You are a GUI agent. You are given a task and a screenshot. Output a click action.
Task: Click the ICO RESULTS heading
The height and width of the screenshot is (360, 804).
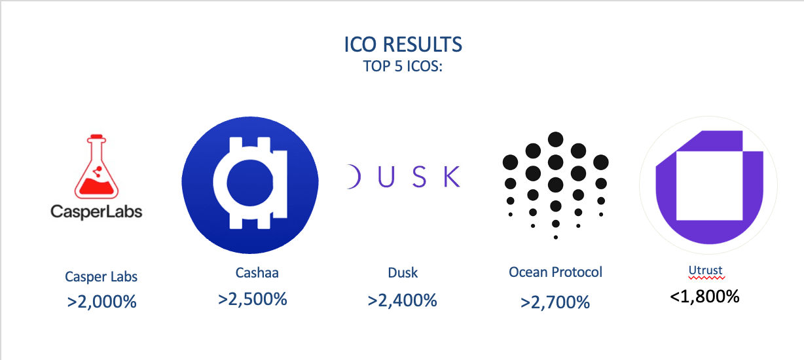click(x=403, y=45)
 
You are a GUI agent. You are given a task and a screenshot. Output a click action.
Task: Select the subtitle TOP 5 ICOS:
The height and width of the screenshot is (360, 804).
click(x=403, y=66)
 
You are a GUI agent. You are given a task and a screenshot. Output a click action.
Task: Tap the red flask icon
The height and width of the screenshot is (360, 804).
click(x=96, y=166)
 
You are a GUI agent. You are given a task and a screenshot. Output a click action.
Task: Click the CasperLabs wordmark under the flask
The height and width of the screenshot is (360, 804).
click(x=96, y=211)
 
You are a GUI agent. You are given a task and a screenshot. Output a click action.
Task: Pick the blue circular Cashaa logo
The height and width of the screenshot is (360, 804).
click(x=250, y=185)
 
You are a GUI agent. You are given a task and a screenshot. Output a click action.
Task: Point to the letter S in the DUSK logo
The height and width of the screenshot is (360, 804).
click(x=419, y=177)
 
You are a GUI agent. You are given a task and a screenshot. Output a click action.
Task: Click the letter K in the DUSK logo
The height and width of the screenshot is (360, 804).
click(x=452, y=177)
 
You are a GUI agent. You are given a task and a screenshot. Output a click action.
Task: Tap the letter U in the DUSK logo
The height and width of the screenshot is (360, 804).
click(x=386, y=177)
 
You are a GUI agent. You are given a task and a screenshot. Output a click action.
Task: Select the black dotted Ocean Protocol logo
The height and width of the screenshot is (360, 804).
click(x=556, y=185)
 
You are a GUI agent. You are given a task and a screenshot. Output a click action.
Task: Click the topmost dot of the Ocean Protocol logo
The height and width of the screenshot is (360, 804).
click(x=556, y=139)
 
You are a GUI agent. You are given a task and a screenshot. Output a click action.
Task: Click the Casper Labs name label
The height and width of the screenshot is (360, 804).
click(x=101, y=277)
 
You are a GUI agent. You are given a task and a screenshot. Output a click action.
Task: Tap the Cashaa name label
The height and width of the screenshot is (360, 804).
click(x=257, y=273)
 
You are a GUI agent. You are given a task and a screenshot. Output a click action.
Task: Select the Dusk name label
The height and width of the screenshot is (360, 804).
click(x=403, y=273)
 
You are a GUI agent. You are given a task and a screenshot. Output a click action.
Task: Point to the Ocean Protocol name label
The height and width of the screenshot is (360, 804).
click(x=555, y=272)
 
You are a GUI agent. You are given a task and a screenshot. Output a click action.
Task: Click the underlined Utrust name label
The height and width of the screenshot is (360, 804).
click(x=705, y=270)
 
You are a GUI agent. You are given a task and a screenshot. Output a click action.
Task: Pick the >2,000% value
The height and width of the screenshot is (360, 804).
click(x=101, y=302)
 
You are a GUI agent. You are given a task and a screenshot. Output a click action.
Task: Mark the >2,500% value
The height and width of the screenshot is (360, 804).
click(x=252, y=299)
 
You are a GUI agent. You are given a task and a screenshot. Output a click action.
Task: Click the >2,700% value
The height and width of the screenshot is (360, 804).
click(x=555, y=302)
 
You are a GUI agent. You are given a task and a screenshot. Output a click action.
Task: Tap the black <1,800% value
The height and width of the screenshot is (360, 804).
click(x=704, y=297)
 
